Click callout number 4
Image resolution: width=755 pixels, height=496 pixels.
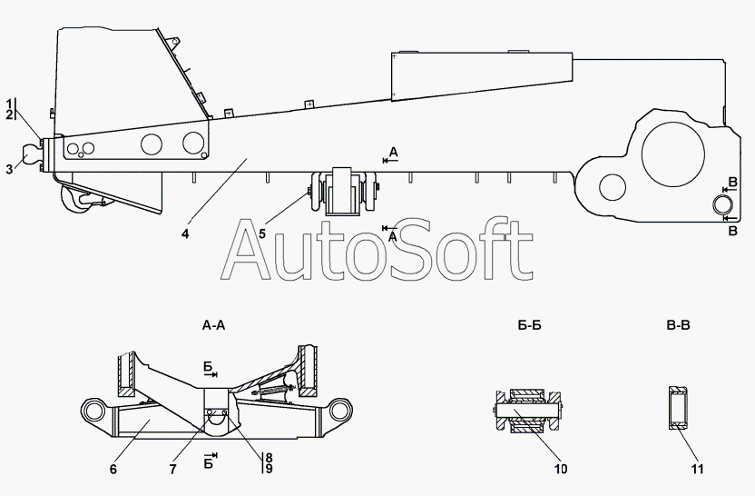[x=185, y=234]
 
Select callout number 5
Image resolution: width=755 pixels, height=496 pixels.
[x=262, y=234]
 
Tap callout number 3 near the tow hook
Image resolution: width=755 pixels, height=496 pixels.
[x=9, y=168]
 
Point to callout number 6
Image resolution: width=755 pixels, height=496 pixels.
[x=113, y=470]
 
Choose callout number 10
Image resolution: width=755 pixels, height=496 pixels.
[x=561, y=470]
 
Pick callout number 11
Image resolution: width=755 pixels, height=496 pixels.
[x=697, y=470]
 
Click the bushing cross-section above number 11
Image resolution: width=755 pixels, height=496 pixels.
[x=681, y=407]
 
